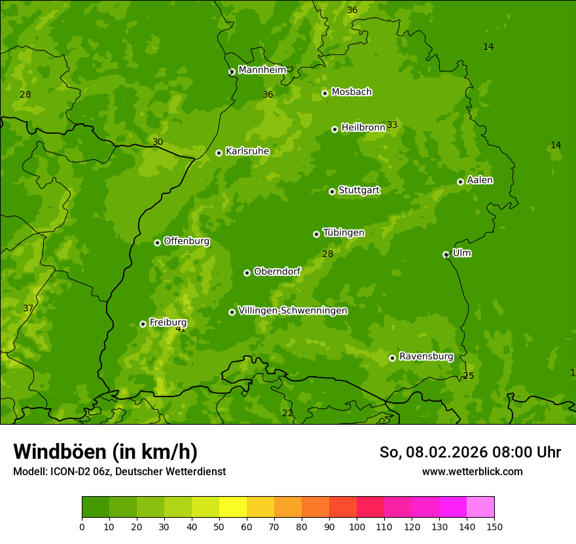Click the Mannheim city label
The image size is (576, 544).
[x=262, y=69]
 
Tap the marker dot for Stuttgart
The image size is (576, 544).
[x=332, y=191]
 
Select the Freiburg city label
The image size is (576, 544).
[x=168, y=322]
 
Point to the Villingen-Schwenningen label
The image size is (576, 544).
[x=293, y=311]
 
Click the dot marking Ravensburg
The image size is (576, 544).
[x=392, y=358]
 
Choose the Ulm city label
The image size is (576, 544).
[x=461, y=253]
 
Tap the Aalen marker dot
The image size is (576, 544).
[x=460, y=182]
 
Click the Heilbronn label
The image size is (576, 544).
[x=363, y=127]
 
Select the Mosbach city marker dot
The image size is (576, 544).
[x=325, y=93]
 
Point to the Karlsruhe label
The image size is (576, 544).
[x=247, y=151]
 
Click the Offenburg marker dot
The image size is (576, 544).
[x=157, y=243]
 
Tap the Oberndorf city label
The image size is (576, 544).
[x=277, y=271]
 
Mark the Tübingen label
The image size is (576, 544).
[x=344, y=233]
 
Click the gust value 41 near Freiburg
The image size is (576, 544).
[x=181, y=329]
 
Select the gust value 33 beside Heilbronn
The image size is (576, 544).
[x=392, y=125]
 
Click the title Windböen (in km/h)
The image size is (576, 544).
[x=105, y=452]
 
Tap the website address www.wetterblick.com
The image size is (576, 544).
[x=472, y=471]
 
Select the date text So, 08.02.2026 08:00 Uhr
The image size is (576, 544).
[x=470, y=452]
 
